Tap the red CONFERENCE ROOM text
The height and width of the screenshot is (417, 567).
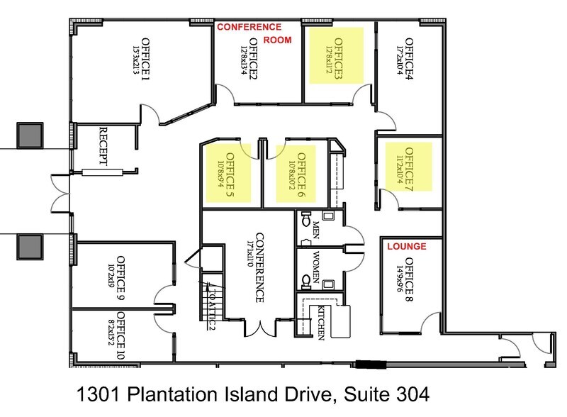[254, 33]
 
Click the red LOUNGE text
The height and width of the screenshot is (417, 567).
[407, 248]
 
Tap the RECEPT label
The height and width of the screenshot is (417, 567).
[103, 147]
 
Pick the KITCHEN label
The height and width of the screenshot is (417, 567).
[321, 321]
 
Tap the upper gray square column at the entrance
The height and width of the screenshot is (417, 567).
[30, 135]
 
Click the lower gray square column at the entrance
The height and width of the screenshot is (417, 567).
[30, 245]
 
